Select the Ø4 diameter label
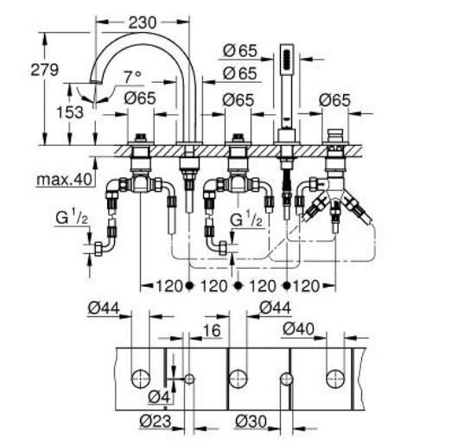pos(156,397)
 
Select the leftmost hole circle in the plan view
pos(139,377)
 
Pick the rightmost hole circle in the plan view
pos(334,377)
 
